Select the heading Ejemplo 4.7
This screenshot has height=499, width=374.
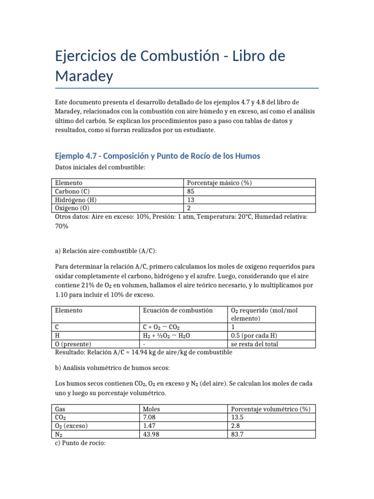click(x=157, y=156)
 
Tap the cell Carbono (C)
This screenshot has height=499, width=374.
click(x=72, y=192)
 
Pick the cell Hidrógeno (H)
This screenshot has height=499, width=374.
click(x=75, y=200)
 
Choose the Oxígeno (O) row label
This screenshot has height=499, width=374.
click(x=74, y=208)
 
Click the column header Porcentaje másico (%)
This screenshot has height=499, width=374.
click(x=219, y=183)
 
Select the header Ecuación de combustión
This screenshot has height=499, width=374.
click(x=177, y=310)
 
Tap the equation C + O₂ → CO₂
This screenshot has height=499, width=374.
click(x=163, y=327)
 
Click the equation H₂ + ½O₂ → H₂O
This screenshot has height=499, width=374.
click(x=167, y=335)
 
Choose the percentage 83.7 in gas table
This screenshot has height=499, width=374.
click(x=239, y=434)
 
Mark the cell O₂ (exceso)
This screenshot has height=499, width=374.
click(x=72, y=426)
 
